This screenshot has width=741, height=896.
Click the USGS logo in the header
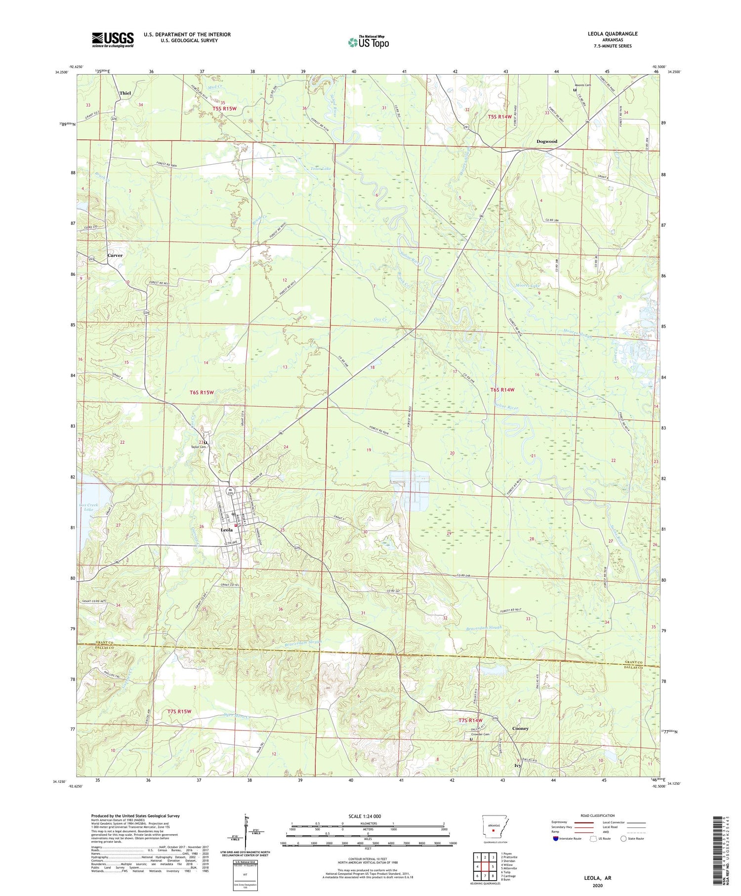pos(113,40)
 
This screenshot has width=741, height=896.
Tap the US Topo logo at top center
pos(368,43)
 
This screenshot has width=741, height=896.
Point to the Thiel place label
pos(125,93)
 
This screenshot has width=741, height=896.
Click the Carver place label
pos(115,256)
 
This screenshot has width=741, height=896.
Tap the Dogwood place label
pos(547,141)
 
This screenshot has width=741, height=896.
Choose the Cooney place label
pos(520,728)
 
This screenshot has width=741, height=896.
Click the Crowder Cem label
pos(480,734)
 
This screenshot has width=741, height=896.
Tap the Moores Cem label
pos(582,85)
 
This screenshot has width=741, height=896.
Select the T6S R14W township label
pos(502,390)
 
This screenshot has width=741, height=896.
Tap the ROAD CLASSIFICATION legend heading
pos(598,815)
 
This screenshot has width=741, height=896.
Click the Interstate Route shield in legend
pos(556,839)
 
